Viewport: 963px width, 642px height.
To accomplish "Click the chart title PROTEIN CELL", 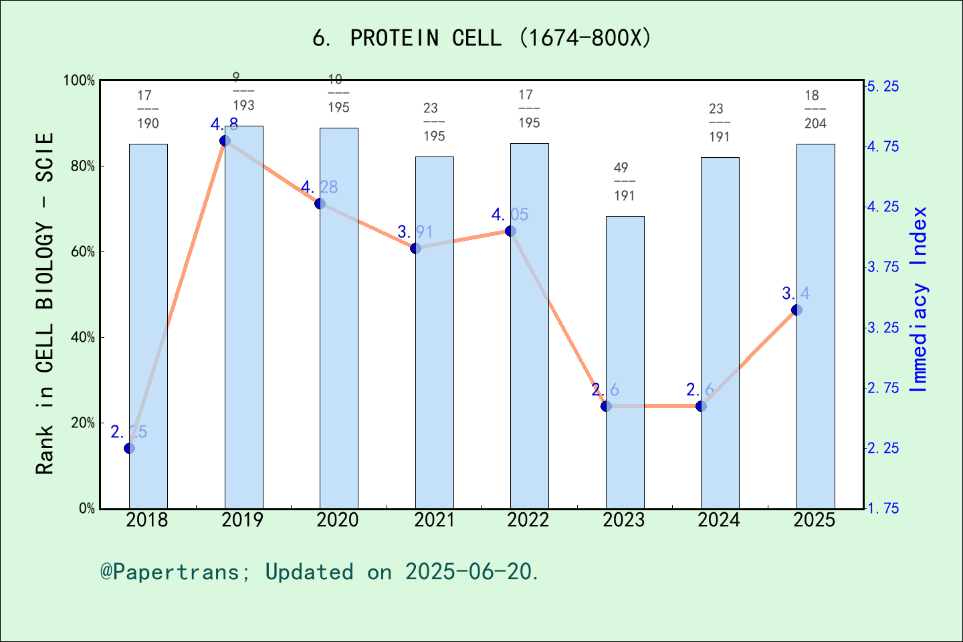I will (x=481, y=38).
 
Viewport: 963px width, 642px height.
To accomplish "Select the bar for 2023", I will (x=625, y=361).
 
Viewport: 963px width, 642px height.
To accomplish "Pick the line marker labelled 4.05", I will (x=510, y=231).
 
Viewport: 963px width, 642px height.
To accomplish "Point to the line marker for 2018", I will (x=129, y=448).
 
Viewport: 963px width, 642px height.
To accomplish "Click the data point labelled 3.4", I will (x=796, y=310).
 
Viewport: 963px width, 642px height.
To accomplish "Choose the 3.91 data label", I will (x=415, y=232).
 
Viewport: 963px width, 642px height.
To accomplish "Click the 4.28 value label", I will (x=319, y=187).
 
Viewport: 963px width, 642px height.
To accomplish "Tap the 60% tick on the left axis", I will (x=83, y=252).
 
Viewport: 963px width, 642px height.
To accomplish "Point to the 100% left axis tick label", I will (x=80, y=80).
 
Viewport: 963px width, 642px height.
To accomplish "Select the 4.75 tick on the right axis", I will (x=883, y=146).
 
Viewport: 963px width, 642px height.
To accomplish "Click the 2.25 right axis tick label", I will (x=883, y=448).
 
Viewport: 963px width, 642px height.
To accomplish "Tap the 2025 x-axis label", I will (x=815, y=520).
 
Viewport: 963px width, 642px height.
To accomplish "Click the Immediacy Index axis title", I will (x=920, y=300).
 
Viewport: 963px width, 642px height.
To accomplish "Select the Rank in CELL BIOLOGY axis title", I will (x=45, y=304).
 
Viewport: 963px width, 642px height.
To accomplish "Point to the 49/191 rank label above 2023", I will (x=624, y=181).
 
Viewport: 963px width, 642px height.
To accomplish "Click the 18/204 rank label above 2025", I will (x=815, y=109).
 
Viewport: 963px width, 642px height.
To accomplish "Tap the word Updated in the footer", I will (x=309, y=572).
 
